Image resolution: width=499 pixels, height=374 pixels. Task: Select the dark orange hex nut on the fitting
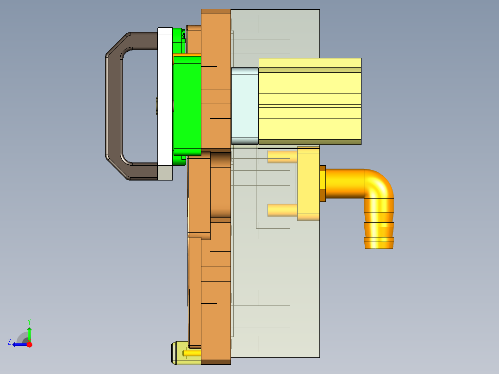(x=323, y=183)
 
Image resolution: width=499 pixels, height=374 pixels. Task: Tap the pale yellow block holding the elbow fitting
(x=308, y=184)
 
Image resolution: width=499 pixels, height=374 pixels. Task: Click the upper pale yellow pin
(x=282, y=157)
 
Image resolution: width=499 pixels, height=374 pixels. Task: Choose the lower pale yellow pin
(x=282, y=211)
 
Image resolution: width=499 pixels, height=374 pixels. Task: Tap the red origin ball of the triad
(x=29, y=344)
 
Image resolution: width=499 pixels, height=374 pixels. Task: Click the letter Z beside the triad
(x=9, y=342)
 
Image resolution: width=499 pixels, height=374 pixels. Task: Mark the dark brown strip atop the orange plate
(x=216, y=11)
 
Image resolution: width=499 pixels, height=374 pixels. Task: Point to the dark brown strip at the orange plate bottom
(x=216, y=362)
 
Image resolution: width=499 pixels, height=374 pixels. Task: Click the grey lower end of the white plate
(x=165, y=173)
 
